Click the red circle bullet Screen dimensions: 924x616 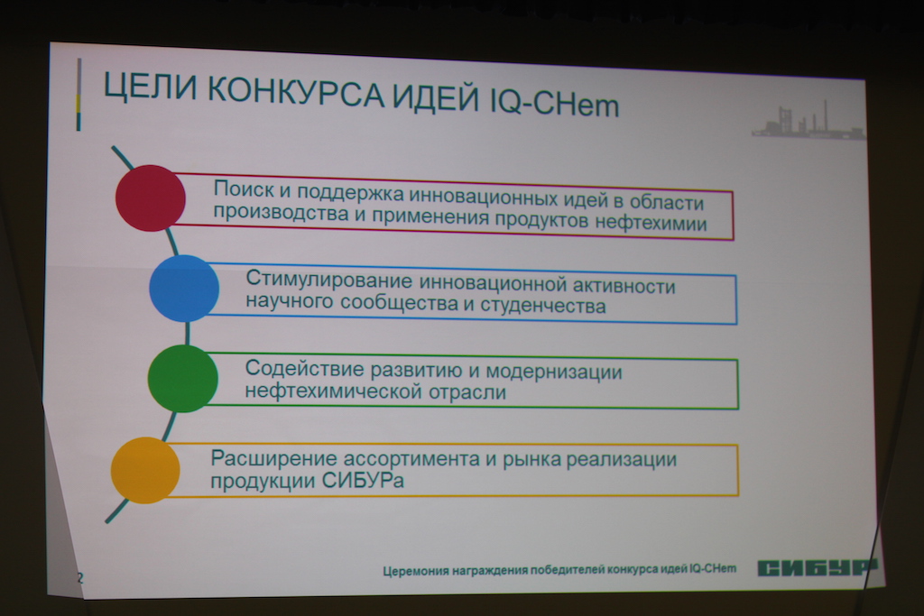pos(151,198)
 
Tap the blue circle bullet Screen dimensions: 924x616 pos(184,289)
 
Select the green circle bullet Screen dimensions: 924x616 pos(182,379)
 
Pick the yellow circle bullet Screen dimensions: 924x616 pos(145,470)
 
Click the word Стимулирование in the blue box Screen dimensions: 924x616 pos(328,280)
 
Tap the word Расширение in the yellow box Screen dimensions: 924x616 pos(274,459)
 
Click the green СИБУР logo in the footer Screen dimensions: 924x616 pos(818,567)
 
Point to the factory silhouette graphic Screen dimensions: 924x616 pos(808,121)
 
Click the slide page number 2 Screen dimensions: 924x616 pos(80,578)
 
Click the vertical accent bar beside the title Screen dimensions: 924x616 pos(79,94)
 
